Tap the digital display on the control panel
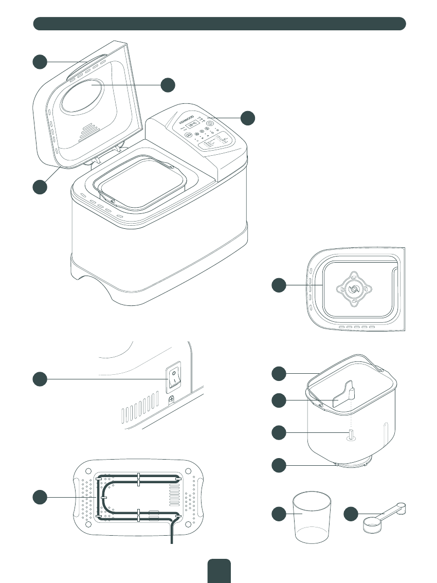(x=193, y=123)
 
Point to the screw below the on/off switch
(x=171, y=399)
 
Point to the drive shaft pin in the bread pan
(x=351, y=435)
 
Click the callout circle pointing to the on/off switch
(x=41, y=379)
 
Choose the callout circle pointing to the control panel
(x=248, y=118)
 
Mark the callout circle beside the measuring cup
(x=279, y=514)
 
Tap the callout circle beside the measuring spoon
(x=351, y=514)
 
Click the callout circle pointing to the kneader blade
(x=279, y=401)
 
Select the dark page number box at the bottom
(x=219, y=571)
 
